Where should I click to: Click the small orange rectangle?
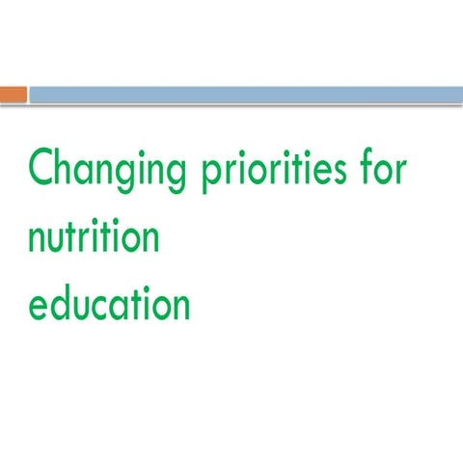13,94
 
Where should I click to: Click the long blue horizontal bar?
245,94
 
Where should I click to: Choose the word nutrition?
93,237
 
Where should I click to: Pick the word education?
108,303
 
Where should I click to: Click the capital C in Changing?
41,170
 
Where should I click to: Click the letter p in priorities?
210,177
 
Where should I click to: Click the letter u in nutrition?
61,239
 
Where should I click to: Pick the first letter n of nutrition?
38,239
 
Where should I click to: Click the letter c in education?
106,306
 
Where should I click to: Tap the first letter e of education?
39,306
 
